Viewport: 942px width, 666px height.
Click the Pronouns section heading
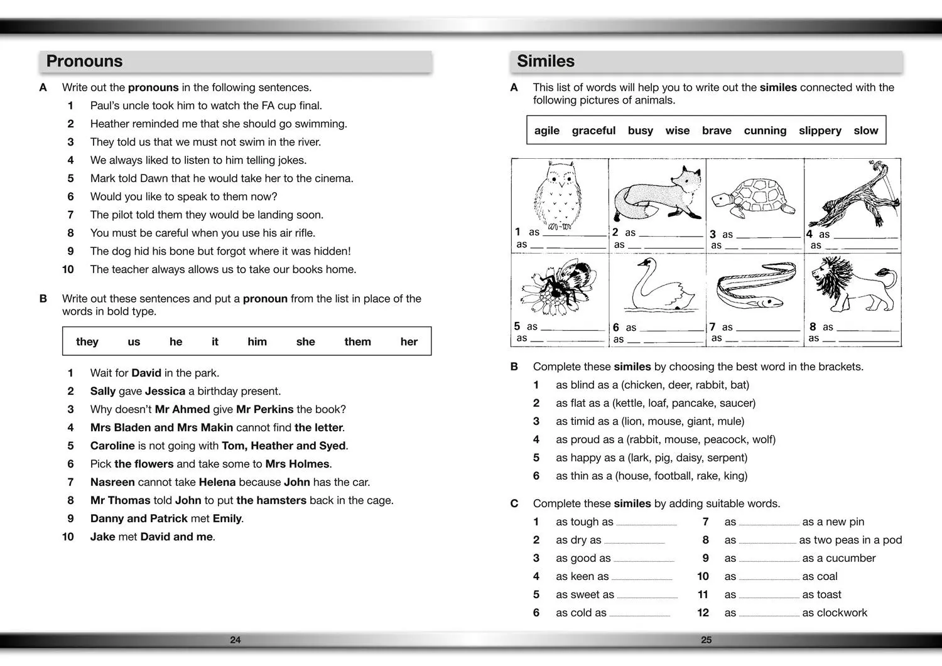click(x=85, y=61)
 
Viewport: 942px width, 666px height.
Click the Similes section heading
click(x=546, y=61)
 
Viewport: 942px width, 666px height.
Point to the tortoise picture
click(x=753, y=196)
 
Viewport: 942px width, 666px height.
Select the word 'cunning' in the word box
click(x=765, y=131)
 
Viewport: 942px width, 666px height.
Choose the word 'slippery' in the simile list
click(x=820, y=131)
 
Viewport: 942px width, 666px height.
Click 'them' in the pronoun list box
click(x=357, y=341)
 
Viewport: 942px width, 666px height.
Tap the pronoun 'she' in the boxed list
click(x=305, y=341)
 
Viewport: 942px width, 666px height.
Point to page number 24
click(x=235, y=640)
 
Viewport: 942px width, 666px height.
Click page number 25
click(x=706, y=640)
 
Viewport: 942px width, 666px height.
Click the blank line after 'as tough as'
click(x=646, y=524)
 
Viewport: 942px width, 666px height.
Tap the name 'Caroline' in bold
click(x=112, y=446)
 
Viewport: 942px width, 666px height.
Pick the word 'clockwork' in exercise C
click(x=843, y=613)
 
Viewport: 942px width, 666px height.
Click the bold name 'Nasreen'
click(x=112, y=482)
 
